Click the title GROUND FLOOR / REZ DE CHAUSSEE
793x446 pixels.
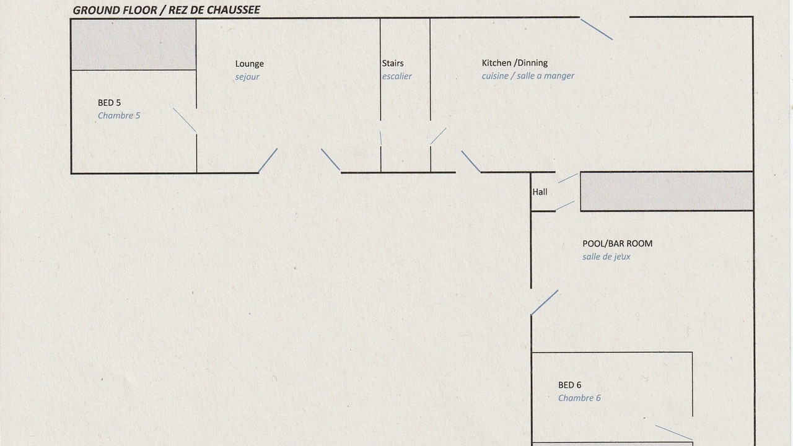(x=167, y=10)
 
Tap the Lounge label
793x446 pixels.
(x=250, y=64)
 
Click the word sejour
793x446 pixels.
(x=247, y=77)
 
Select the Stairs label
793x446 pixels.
(x=393, y=63)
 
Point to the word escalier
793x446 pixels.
(x=397, y=76)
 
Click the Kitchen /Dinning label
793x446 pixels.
(x=515, y=63)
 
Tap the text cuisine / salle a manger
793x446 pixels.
(x=528, y=76)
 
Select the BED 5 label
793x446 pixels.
(x=110, y=103)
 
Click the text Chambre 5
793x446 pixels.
(x=119, y=115)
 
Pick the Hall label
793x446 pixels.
(x=540, y=192)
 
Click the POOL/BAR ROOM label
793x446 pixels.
(x=618, y=243)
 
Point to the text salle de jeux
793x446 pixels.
(x=607, y=256)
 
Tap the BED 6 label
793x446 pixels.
(x=569, y=385)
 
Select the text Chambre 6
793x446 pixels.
(x=579, y=398)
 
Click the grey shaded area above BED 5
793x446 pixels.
(x=134, y=45)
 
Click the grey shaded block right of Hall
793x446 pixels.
(x=667, y=191)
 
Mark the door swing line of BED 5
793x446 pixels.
(x=185, y=120)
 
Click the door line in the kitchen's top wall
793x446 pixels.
(x=597, y=29)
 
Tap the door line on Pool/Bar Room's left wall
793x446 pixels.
(x=545, y=303)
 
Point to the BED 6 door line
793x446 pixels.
(x=674, y=432)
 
